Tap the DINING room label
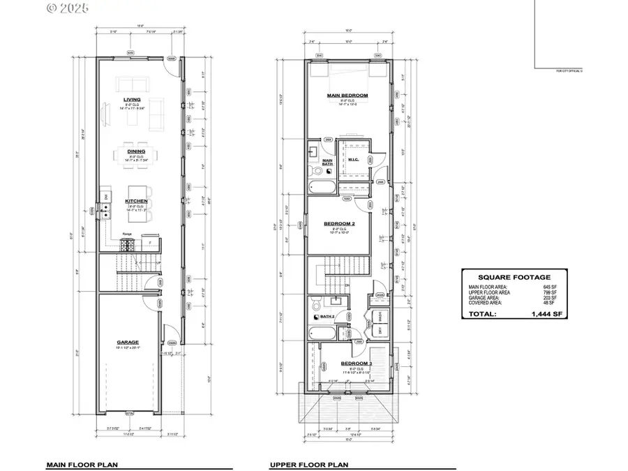136,151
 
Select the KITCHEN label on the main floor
136,201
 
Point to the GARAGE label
128,342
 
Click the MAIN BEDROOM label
347,95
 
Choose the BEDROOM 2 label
340,224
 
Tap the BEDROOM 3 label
355,364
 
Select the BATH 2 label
327,316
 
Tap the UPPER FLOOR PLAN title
309,463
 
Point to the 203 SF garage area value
548,297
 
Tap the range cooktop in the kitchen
128,244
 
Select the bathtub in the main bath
324,187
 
